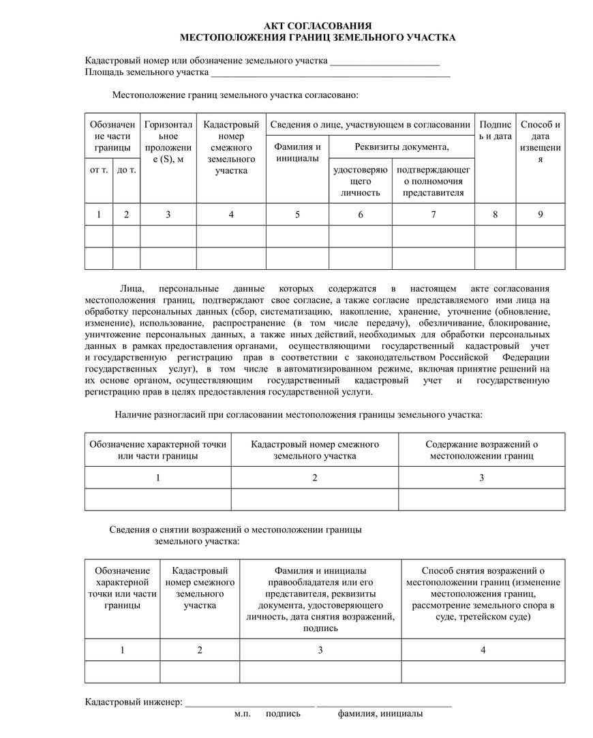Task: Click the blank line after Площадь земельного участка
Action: coord(331,72)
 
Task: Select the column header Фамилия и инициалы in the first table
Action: coord(297,153)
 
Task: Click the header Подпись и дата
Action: coord(495,130)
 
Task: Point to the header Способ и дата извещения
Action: coord(540,142)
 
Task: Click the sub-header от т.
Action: coord(99,170)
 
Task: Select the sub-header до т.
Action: coord(126,170)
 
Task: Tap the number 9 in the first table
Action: coord(540,215)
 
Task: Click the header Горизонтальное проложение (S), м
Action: coord(168,142)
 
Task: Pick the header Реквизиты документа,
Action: coord(401,147)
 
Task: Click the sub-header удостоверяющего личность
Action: coord(360,181)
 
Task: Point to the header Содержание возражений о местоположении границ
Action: coord(481,450)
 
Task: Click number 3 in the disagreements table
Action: coord(481,478)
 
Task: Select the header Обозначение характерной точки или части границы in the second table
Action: coord(157,450)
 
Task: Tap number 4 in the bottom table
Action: coord(483,650)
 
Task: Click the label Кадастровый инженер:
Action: coord(134,701)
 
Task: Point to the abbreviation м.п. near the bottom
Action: coord(243,713)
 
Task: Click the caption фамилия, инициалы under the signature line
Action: coord(380,713)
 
